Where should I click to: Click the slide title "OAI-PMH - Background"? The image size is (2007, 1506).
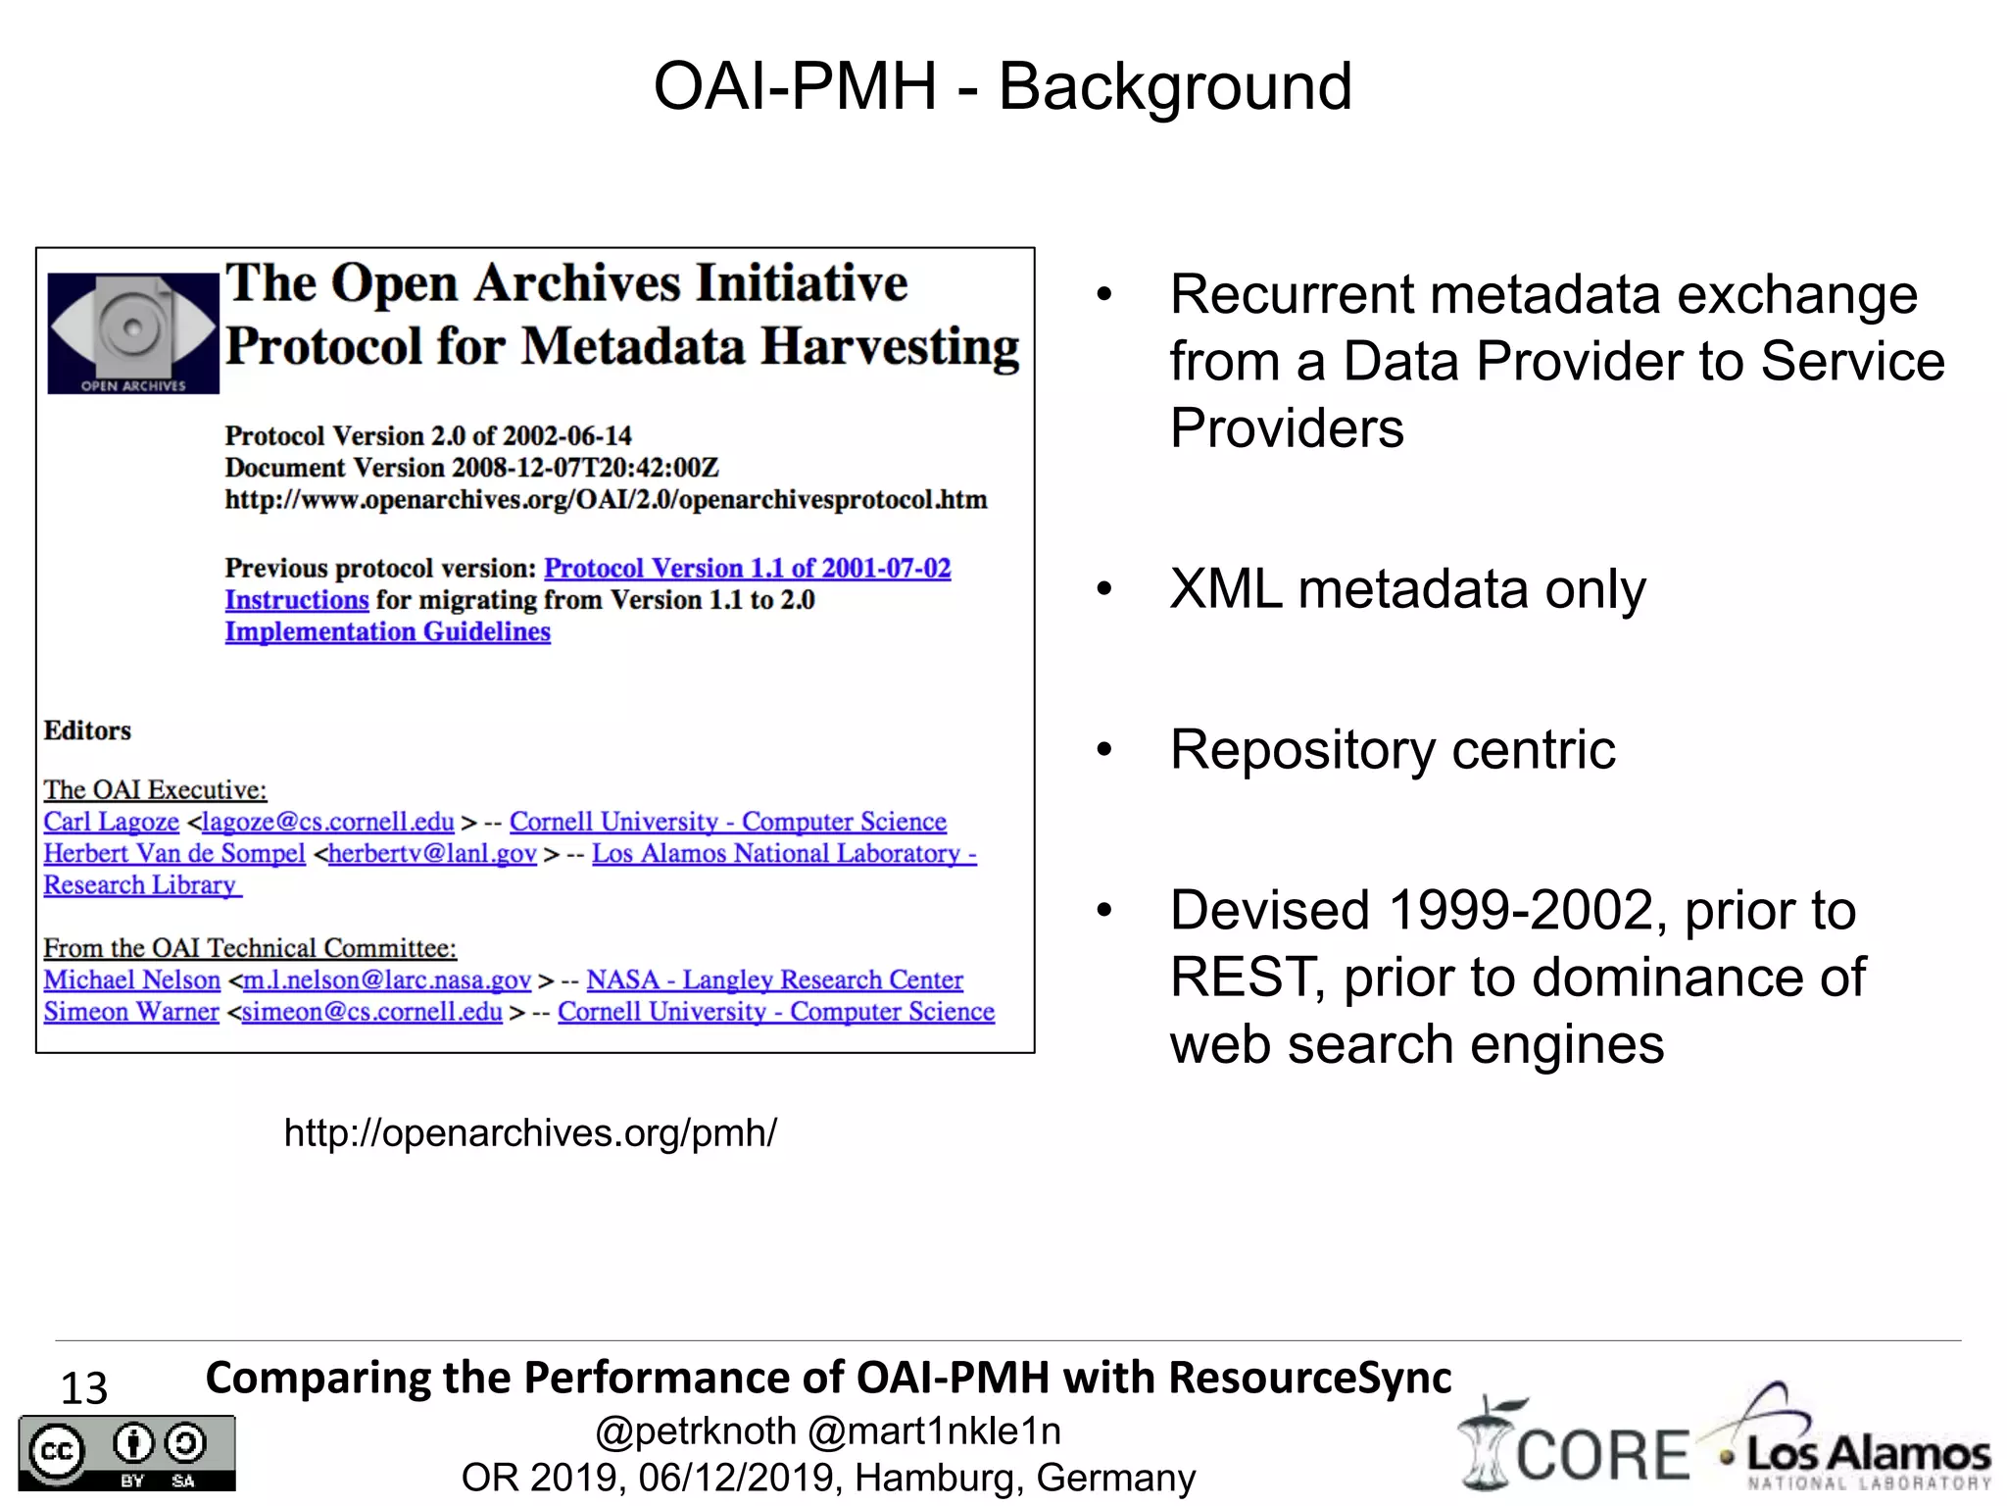1003,86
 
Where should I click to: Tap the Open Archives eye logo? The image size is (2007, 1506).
132,332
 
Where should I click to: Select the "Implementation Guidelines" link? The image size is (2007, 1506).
387,631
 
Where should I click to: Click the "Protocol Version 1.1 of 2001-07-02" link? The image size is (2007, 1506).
747,568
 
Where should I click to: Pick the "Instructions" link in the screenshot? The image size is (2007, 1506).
296,599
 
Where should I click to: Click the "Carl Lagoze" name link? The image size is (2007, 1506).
111,822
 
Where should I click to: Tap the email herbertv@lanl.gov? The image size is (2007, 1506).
432,853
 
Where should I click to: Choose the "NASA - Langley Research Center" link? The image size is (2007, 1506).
774,979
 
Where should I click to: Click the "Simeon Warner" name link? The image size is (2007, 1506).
130,1011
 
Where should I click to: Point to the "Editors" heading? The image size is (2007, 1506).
87,730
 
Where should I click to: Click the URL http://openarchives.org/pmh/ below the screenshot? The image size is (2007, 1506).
530,1132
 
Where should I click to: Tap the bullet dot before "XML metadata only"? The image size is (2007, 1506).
1104,589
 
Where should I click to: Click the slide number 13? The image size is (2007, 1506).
84,1387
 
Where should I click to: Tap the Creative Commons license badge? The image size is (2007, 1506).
127,1453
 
